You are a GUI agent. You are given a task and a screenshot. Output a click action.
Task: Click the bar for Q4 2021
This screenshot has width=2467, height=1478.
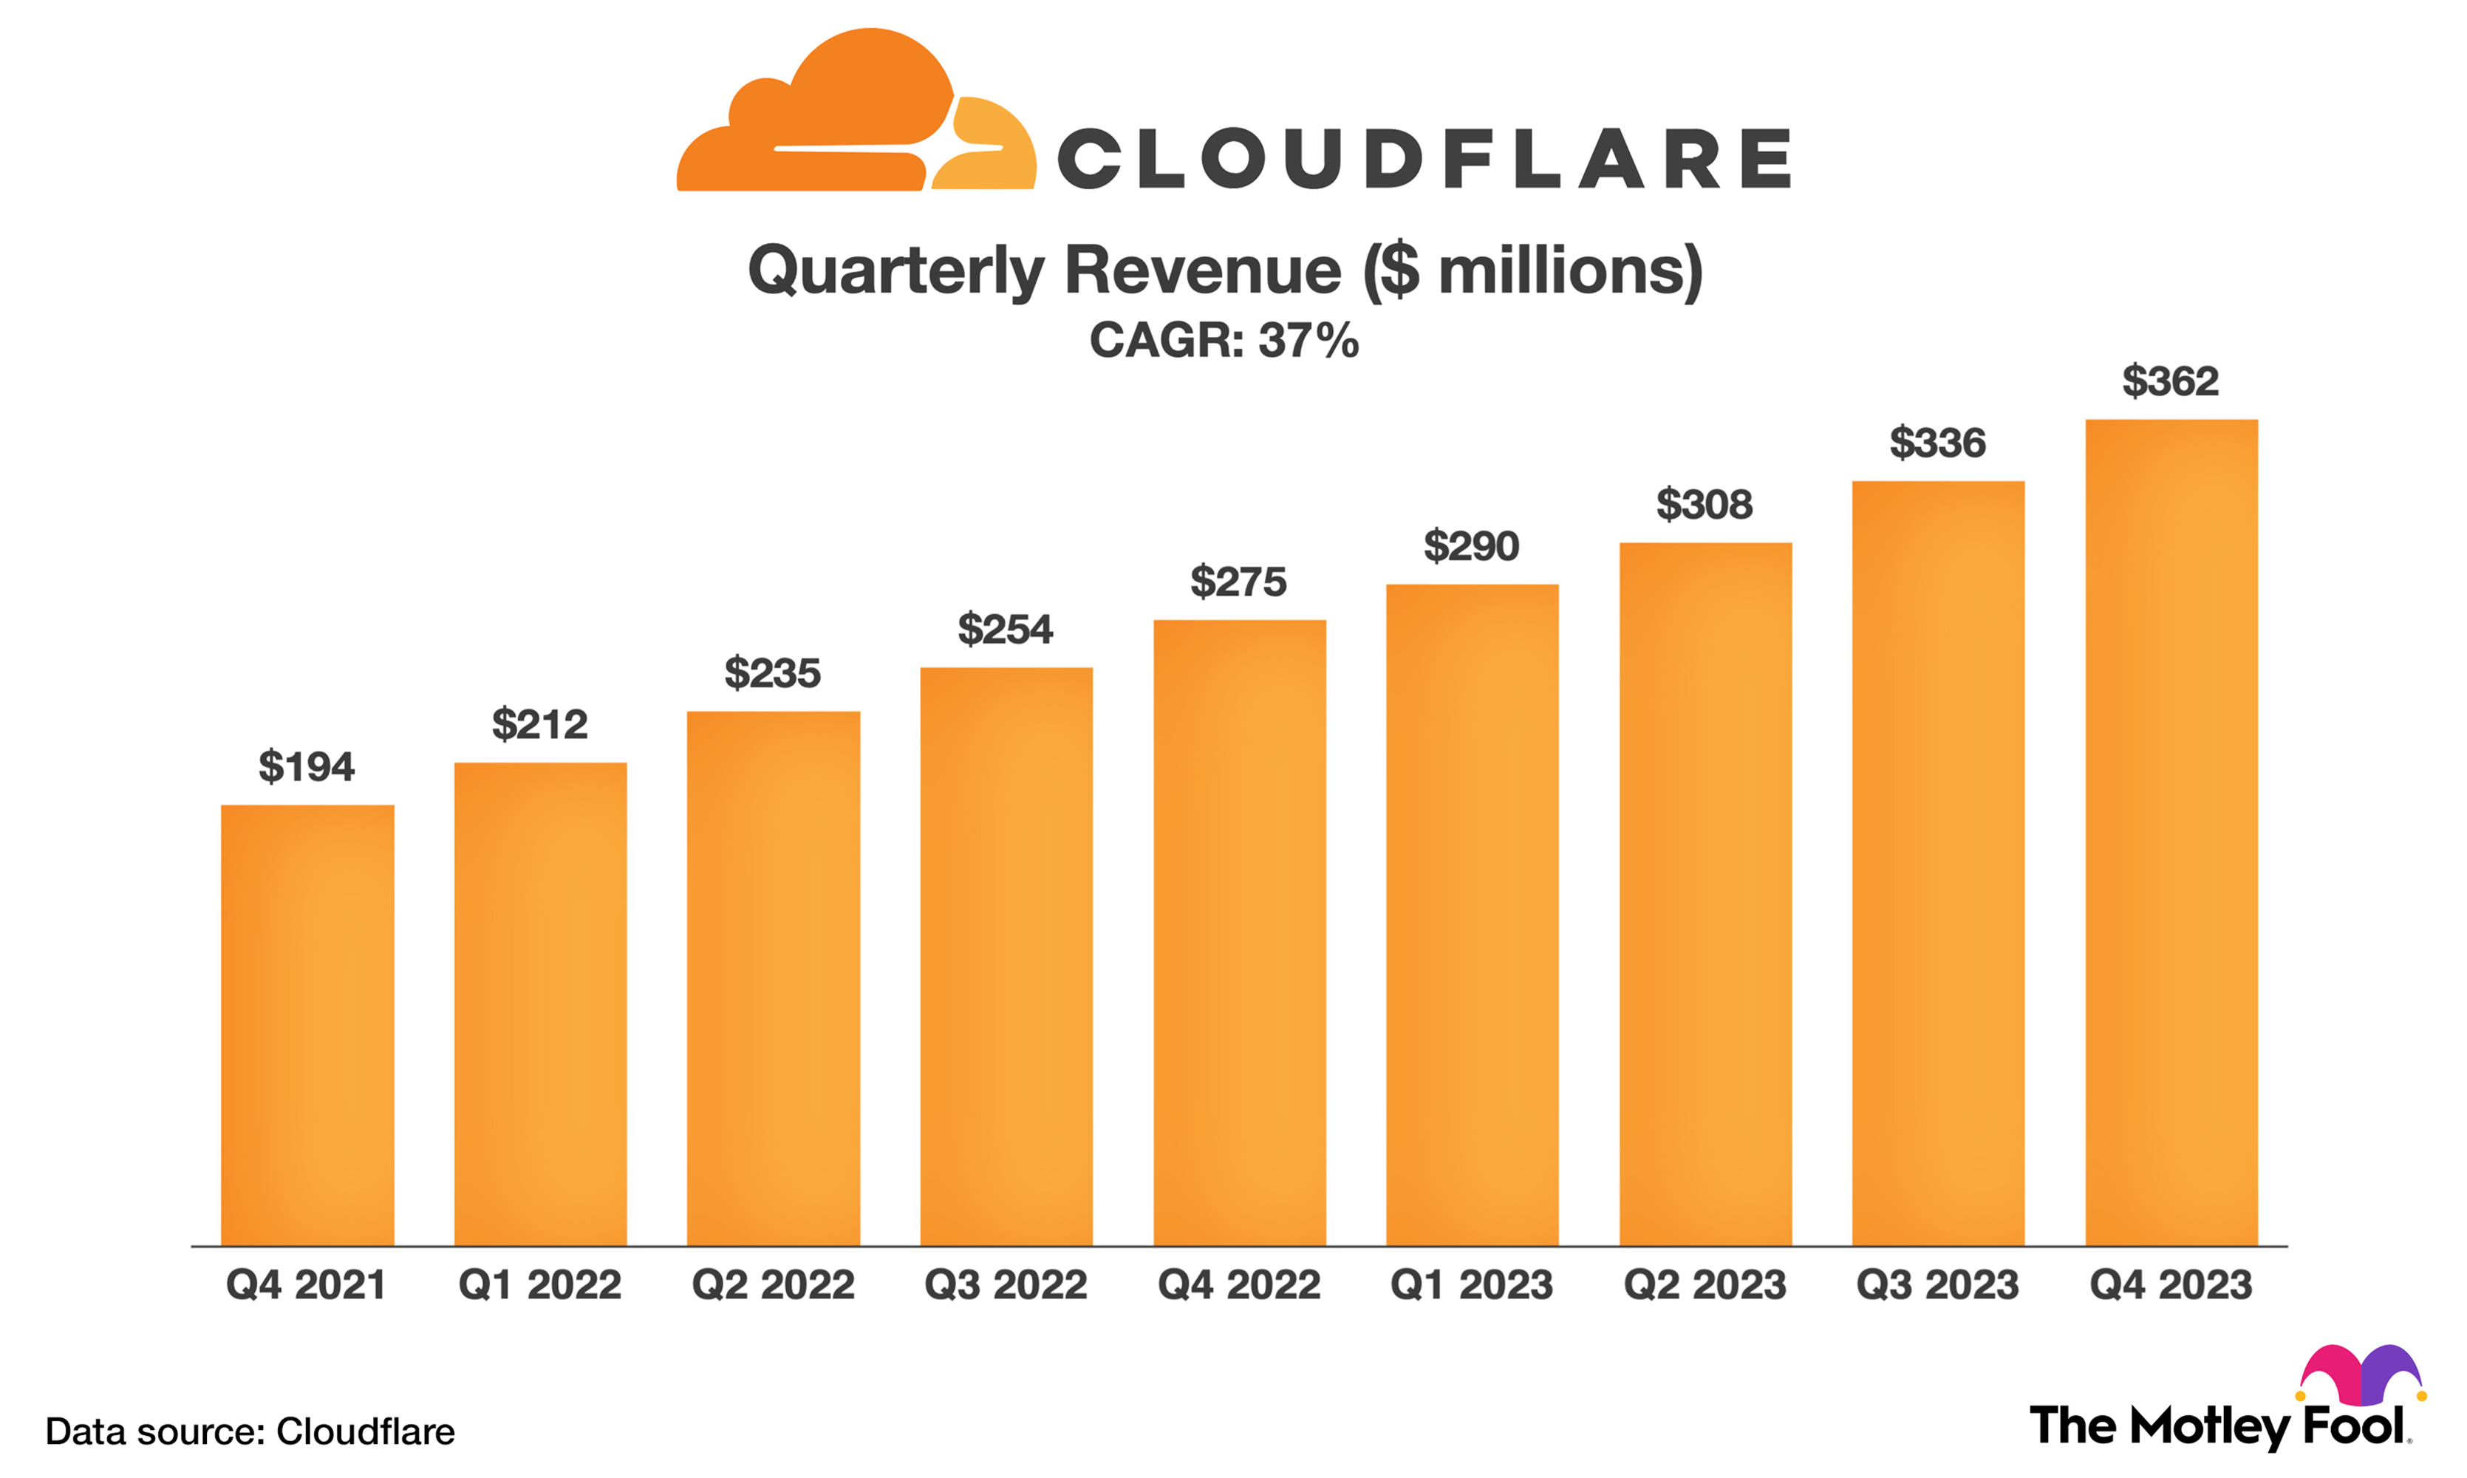click(x=307, y=1025)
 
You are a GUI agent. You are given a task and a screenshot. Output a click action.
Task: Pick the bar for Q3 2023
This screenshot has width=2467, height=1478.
click(x=1939, y=862)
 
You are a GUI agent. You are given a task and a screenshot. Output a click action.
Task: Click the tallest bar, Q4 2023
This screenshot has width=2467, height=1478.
click(x=2171, y=833)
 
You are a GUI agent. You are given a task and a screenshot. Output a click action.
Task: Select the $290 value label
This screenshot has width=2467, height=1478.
click(x=1472, y=547)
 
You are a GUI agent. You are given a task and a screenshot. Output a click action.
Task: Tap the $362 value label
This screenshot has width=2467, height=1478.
click(x=2170, y=381)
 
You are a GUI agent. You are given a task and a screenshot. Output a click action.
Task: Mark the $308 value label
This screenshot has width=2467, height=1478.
click(x=1705, y=505)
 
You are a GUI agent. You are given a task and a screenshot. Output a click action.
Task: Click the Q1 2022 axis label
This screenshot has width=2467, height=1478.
click(x=539, y=1285)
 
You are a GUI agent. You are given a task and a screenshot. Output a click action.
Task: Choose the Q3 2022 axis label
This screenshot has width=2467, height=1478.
click(x=1006, y=1285)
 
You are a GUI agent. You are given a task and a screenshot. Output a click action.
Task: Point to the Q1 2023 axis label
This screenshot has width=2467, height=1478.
click(x=1472, y=1285)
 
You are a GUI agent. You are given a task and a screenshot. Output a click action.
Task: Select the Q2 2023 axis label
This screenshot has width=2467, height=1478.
click(x=1705, y=1285)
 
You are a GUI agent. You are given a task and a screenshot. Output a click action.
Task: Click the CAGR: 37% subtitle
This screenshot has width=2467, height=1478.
click(x=1224, y=341)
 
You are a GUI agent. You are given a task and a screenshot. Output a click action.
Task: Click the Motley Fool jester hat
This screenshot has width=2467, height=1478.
click(x=2361, y=1373)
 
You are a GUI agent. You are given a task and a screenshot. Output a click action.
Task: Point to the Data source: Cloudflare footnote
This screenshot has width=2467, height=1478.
click(x=250, y=1431)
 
